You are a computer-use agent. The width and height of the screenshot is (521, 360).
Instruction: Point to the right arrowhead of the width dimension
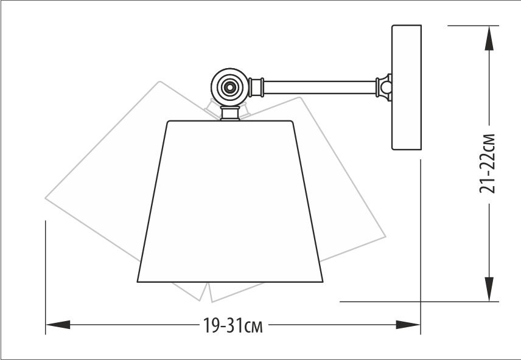click(x=408, y=325)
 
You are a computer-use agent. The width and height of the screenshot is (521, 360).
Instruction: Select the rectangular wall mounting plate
click(x=407, y=88)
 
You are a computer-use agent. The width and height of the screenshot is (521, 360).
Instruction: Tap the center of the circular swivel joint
click(x=230, y=88)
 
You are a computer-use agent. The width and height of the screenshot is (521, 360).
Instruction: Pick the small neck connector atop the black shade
click(x=230, y=114)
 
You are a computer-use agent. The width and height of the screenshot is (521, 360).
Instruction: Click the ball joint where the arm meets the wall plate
click(x=385, y=88)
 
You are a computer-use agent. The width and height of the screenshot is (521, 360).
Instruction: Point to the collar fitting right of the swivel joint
click(x=257, y=87)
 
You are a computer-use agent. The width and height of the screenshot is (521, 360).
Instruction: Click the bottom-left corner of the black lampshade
click(x=138, y=282)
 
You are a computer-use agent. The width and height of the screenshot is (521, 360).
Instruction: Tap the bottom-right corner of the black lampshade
click(x=322, y=282)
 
